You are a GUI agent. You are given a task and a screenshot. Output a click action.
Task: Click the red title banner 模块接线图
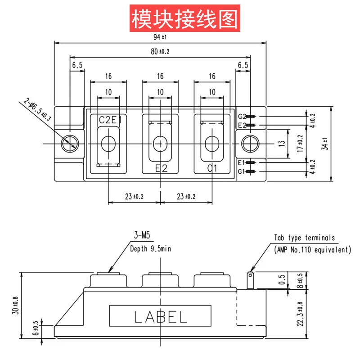pyautogui.click(x=185, y=18)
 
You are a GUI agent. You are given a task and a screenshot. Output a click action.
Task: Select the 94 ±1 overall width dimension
pyautogui.click(x=160, y=37)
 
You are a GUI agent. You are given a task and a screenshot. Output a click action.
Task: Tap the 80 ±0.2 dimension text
pyautogui.click(x=160, y=51)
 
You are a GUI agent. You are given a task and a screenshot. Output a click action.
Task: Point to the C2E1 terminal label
pyautogui.click(x=110, y=120)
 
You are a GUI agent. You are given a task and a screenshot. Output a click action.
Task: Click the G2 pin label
pyautogui.click(x=242, y=117)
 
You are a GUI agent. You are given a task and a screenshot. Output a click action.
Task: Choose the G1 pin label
pyautogui.click(x=242, y=171)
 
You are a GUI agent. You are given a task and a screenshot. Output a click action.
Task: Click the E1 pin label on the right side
pyautogui.click(x=242, y=163)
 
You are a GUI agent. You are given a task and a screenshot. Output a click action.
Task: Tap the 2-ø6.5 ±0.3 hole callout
pyautogui.click(x=37, y=110)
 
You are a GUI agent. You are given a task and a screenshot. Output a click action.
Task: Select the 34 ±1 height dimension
pyautogui.click(x=325, y=144)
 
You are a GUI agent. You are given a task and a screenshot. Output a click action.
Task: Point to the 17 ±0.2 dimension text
pyautogui.click(x=300, y=143)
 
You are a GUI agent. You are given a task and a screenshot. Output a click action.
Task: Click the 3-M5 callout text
pyautogui.click(x=142, y=235)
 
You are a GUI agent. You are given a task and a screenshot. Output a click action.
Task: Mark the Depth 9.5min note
pyautogui.click(x=151, y=249)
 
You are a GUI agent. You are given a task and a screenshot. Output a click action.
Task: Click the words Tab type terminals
pyautogui.click(x=305, y=238)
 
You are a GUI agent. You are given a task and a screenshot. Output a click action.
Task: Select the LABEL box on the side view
pyautogui.click(x=160, y=316)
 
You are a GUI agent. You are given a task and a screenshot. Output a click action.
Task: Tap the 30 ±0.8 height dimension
pyautogui.click(x=15, y=306)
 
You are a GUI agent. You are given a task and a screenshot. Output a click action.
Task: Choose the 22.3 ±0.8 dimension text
pyautogui.click(x=300, y=314)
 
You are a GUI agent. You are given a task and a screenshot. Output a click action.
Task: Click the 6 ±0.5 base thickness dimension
pyautogui.click(x=36, y=328)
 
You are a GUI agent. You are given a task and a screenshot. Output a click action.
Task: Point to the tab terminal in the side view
pyautogui.click(x=250, y=280)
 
